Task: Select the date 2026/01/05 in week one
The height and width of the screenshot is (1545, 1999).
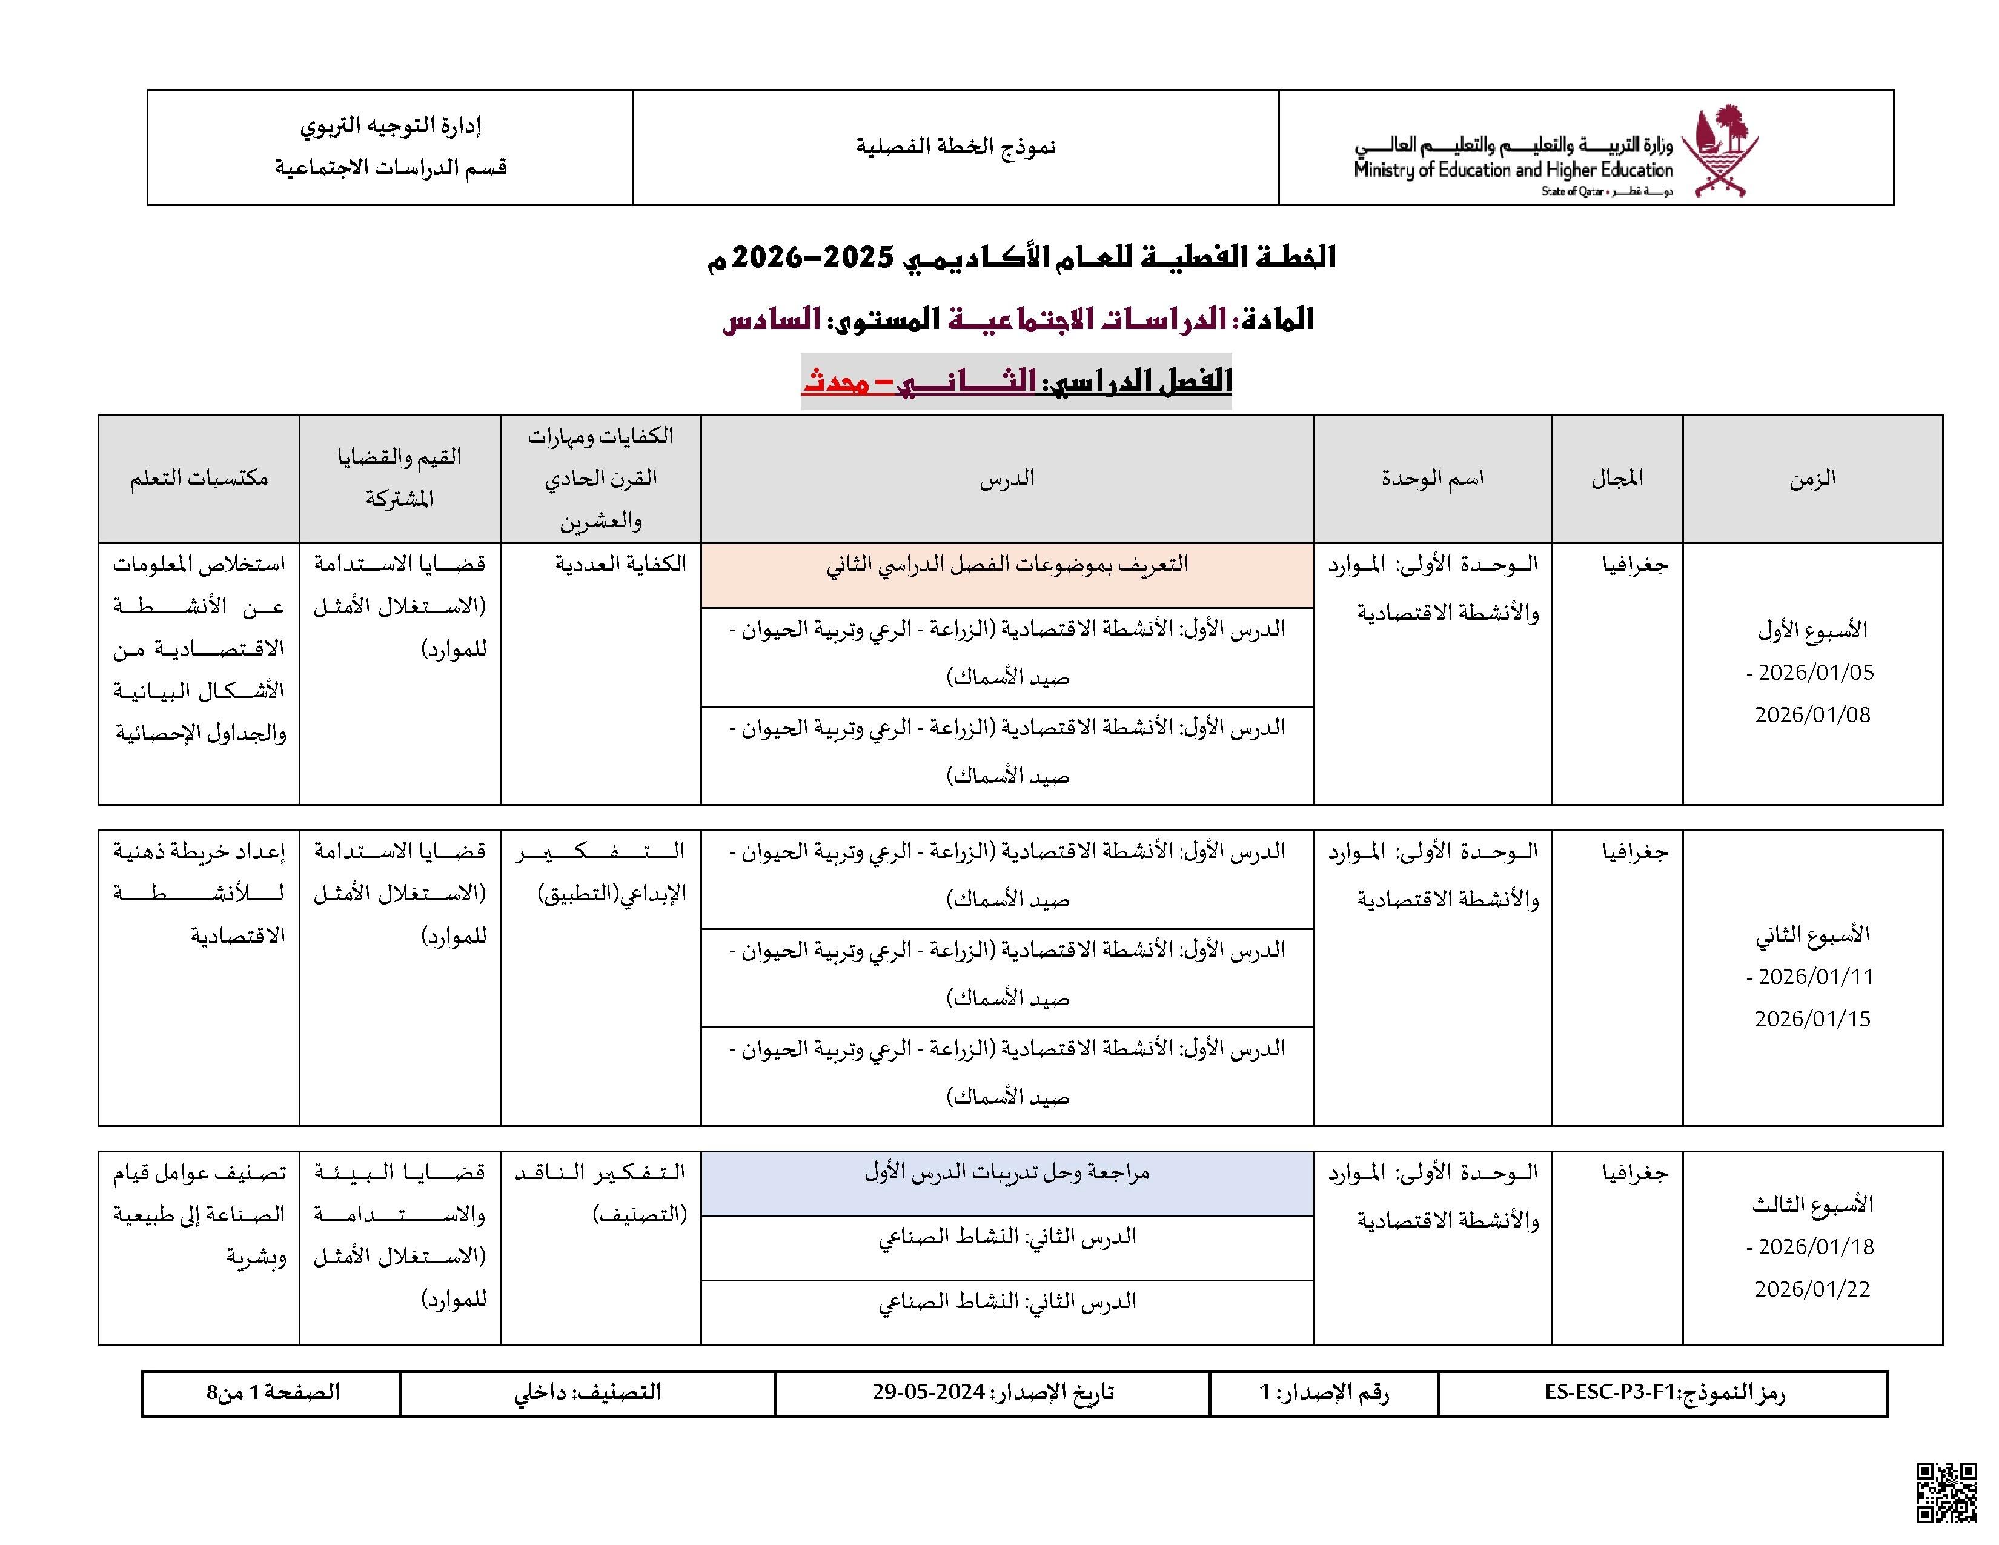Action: [x=1816, y=673]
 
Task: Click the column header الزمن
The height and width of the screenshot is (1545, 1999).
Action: [x=1812, y=479]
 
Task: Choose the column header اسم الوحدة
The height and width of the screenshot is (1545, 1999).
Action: [x=1433, y=479]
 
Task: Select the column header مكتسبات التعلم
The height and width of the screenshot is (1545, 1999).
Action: [x=199, y=479]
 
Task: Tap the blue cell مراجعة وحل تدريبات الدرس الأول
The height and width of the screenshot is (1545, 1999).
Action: [x=1007, y=1174]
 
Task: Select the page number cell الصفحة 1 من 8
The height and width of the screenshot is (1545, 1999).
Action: [x=273, y=1393]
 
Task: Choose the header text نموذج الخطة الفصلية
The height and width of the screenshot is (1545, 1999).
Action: [x=955, y=147]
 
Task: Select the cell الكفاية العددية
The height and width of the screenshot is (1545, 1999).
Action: [x=620, y=565]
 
